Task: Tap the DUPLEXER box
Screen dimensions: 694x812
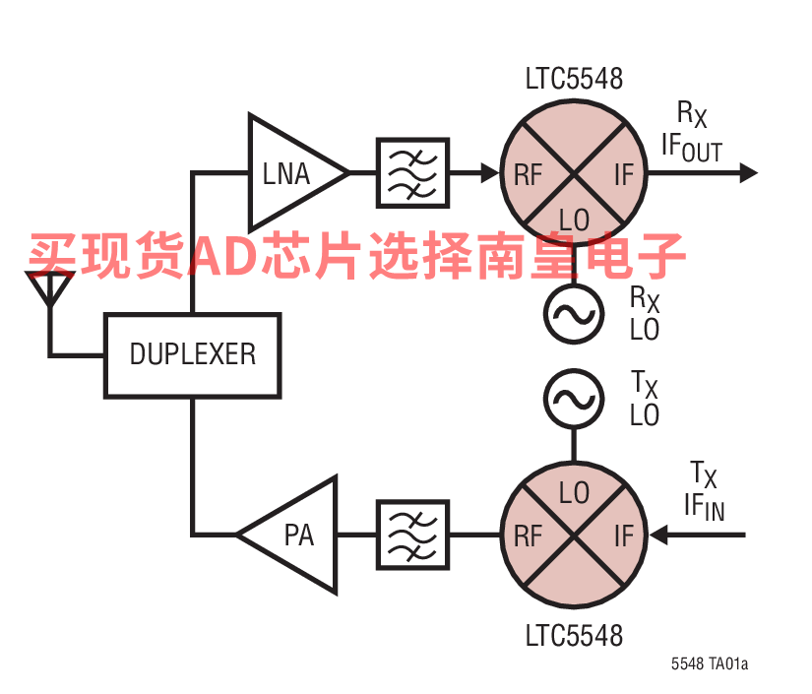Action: pos(192,353)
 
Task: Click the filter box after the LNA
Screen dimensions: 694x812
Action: pos(412,173)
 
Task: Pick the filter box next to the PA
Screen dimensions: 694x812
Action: pos(412,535)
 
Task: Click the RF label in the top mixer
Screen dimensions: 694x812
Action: pos(528,175)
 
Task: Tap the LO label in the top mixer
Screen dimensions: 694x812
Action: pos(575,219)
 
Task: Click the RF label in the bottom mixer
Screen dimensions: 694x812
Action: pos(528,536)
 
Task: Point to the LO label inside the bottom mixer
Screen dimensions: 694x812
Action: pos(575,492)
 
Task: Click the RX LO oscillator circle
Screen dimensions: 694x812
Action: pos(574,314)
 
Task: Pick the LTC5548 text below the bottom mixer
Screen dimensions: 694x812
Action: pos(574,635)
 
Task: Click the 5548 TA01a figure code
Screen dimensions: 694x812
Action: pos(710,664)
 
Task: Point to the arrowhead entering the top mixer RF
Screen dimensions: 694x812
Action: pos(489,173)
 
